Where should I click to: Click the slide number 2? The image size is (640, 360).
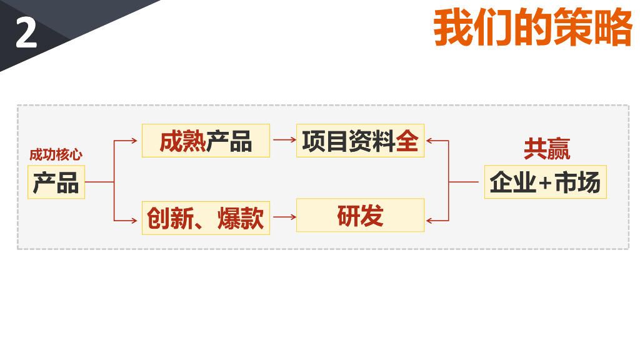point(26,34)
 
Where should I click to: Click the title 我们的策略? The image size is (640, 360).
point(532,28)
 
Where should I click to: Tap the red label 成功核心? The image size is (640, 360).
point(56,154)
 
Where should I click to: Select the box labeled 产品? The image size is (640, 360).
point(56,182)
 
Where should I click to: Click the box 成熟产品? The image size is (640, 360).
point(206,141)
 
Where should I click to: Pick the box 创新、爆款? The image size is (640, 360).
point(206,218)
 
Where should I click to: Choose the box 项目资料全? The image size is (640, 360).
point(360,141)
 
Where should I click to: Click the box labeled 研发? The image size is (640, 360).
point(360,216)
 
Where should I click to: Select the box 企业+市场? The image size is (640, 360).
point(545,182)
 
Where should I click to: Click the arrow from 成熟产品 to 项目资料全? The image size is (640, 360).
point(284,141)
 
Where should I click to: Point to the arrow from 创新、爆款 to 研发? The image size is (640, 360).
point(284,217)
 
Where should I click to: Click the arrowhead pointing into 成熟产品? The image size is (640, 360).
point(134,141)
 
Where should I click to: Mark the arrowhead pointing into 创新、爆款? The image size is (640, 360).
point(134,220)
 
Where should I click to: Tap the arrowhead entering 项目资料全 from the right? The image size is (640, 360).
point(429,141)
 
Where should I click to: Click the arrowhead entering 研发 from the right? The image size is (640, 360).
point(429,220)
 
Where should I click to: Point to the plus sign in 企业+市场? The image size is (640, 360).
point(545,183)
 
